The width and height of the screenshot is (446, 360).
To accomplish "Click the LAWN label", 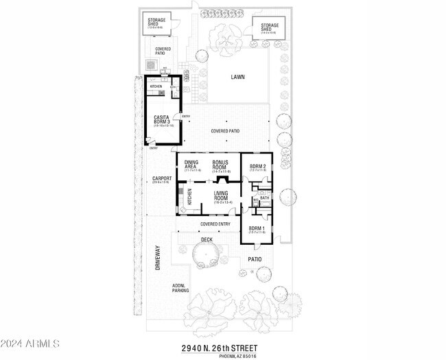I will point(238,77).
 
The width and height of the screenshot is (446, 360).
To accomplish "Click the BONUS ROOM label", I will point(220,165).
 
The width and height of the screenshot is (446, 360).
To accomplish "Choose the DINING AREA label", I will point(191,165).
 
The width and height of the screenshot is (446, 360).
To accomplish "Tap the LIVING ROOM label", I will point(220,196).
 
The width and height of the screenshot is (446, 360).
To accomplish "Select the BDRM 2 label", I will point(257,167).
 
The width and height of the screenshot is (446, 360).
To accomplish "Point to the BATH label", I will point(264,198).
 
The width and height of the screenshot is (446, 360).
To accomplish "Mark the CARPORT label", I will point(161,180).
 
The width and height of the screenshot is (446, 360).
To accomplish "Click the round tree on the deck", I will point(206,254).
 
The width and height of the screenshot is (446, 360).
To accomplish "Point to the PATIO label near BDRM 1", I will point(255,259).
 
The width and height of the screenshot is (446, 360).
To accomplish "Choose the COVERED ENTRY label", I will point(215,224).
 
